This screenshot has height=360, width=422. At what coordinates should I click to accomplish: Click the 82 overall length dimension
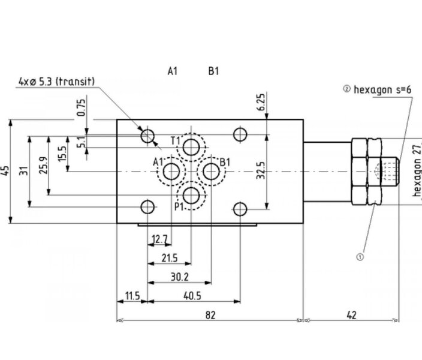tap(210, 315)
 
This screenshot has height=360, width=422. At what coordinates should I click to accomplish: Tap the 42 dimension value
tap(351, 315)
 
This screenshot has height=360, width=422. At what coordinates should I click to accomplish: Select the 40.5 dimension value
tap(192, 296)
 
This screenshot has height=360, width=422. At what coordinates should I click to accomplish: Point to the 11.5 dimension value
tap(132, 296)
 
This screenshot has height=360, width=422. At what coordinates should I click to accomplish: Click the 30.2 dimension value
tap(179, 277)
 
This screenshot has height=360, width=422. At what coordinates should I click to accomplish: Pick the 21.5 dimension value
tap(170, 258)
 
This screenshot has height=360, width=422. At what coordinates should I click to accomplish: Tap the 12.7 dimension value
tap(159, 239)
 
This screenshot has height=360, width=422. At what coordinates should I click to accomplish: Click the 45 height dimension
tap(5, 171)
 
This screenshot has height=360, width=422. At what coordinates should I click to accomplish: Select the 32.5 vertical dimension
tap(261, 170)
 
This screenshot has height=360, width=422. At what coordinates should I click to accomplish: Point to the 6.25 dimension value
tap(261, 101)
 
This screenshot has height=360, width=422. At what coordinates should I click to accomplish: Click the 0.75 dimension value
tap(81, 107)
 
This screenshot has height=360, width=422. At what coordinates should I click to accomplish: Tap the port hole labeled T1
tap(191, 147)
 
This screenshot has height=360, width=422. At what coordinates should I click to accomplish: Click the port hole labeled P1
tap(191, 196)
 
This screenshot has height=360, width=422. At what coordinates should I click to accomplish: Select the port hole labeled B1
tap(211, 172)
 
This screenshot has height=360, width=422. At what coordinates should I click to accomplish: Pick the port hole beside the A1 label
tap(171, 172)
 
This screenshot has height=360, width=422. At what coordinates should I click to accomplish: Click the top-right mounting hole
tap(240, 135)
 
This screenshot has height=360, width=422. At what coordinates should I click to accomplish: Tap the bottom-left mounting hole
tap(147, 207)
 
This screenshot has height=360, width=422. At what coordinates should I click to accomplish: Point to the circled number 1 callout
tap(360, 257)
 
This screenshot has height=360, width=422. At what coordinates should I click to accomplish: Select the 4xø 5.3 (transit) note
tap(56, 81)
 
